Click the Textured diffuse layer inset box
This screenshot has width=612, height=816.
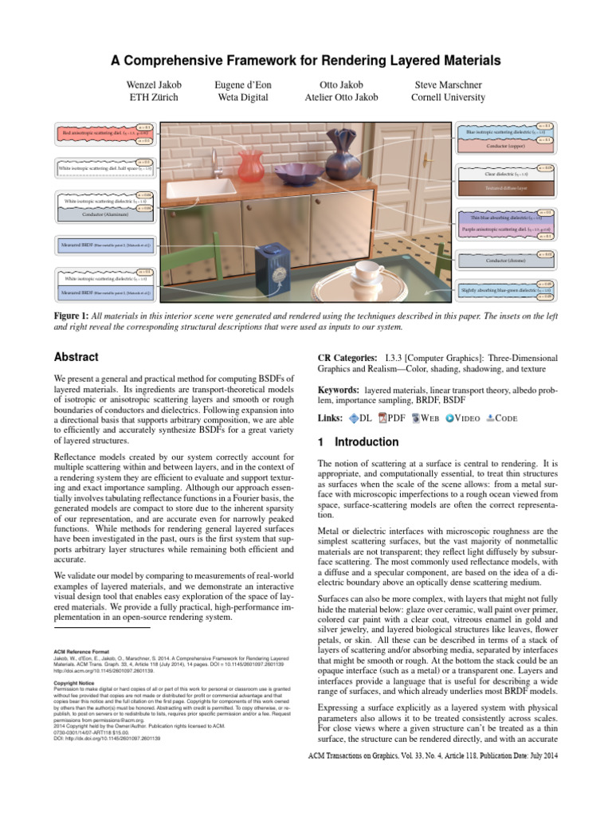[500, 189]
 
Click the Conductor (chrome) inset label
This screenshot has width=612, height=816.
[500, 261]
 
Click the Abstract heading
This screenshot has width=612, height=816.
[76, 358]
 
